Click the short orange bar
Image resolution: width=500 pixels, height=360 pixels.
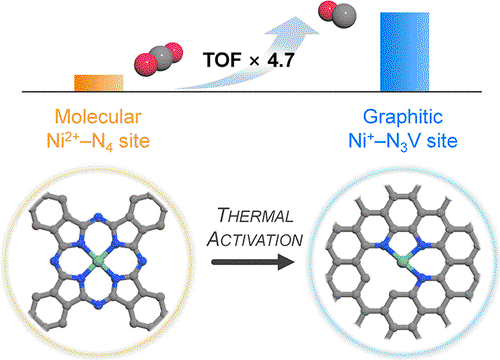(x=99, y=83)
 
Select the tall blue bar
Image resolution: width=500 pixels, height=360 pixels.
(x=404, y=52)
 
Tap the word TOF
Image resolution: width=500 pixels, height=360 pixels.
(x=222, y=60)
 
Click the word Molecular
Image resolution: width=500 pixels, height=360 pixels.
(x=98, y=117)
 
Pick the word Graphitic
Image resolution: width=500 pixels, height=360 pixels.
(x=403, y=117)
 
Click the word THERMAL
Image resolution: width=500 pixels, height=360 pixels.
(x=255, y=215)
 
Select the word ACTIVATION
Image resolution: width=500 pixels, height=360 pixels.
(x=255, y=239)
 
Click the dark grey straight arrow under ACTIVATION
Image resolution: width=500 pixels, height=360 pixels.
(x=253, y=262)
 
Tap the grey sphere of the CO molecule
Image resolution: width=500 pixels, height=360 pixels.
(x=344, y=16)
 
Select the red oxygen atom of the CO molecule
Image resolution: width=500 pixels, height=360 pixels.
(x=327, y=10)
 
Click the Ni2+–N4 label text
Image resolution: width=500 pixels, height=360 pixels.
(x=98, y=142)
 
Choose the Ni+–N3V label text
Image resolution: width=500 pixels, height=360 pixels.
(x=403, y=141)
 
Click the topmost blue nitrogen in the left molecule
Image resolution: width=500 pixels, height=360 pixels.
(x=98, y=218)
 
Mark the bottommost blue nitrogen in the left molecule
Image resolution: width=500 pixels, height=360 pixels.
(x=98, y=303)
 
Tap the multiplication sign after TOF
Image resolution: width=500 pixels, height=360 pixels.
(x=254, y=61)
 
